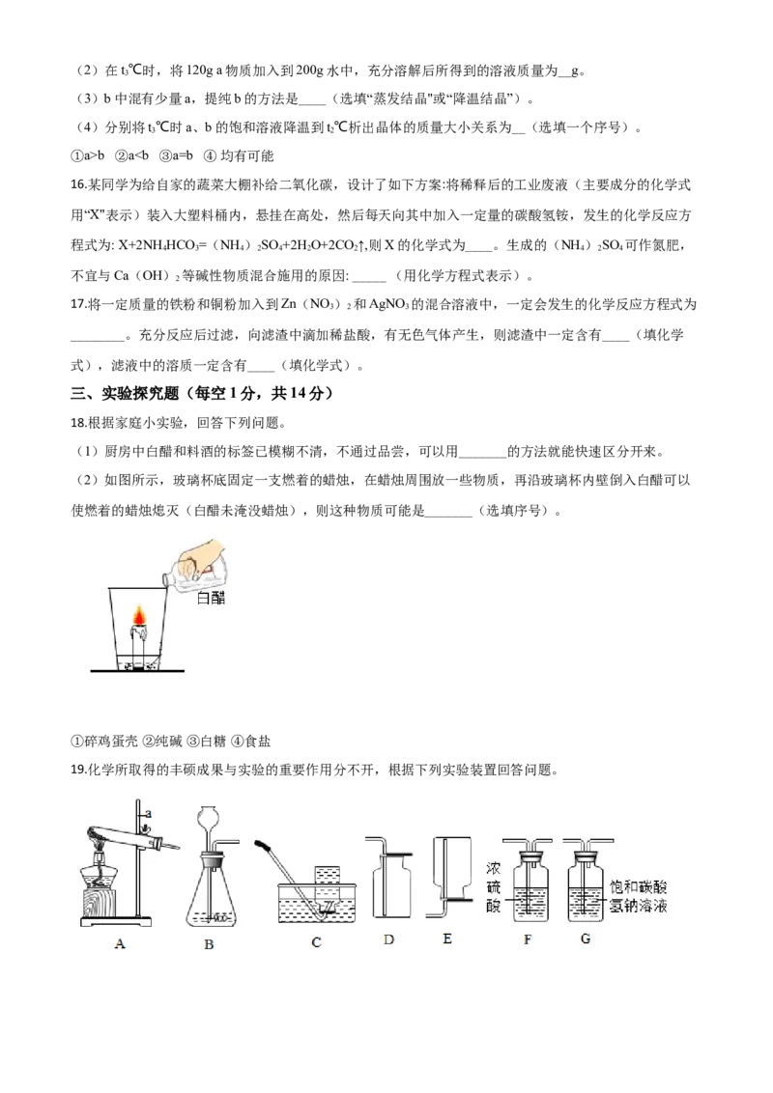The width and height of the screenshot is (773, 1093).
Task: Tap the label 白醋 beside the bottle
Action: pyautogui.click(x=211, y=598)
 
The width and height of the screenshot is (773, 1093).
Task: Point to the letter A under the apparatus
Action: pyautogui.click(x=120, y=944)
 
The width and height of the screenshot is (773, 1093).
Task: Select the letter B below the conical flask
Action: pyautogui.click(x=209, y=944)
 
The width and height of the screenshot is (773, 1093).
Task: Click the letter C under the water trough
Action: pyautogui.click(x=316, y=942)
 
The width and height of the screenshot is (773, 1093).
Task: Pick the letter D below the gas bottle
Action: pyautogui.click(x=388, y=938)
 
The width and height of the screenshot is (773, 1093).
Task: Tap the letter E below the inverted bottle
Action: pyautogui.click(x=446, y=938)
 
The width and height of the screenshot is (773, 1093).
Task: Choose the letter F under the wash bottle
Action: pyautogui.click(x=529, y=938)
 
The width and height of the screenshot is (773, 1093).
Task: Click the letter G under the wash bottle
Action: pyautogui.click(x=586, y=938)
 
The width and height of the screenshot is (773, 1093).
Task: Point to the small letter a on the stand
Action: pyautogui.click(x=148, y=814)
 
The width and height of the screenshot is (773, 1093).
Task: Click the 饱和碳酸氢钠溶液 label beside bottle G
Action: pyautogui.click(x=640, y=897)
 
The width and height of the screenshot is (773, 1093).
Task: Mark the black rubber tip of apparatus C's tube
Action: pyautogui.click(x=261, y=846)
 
